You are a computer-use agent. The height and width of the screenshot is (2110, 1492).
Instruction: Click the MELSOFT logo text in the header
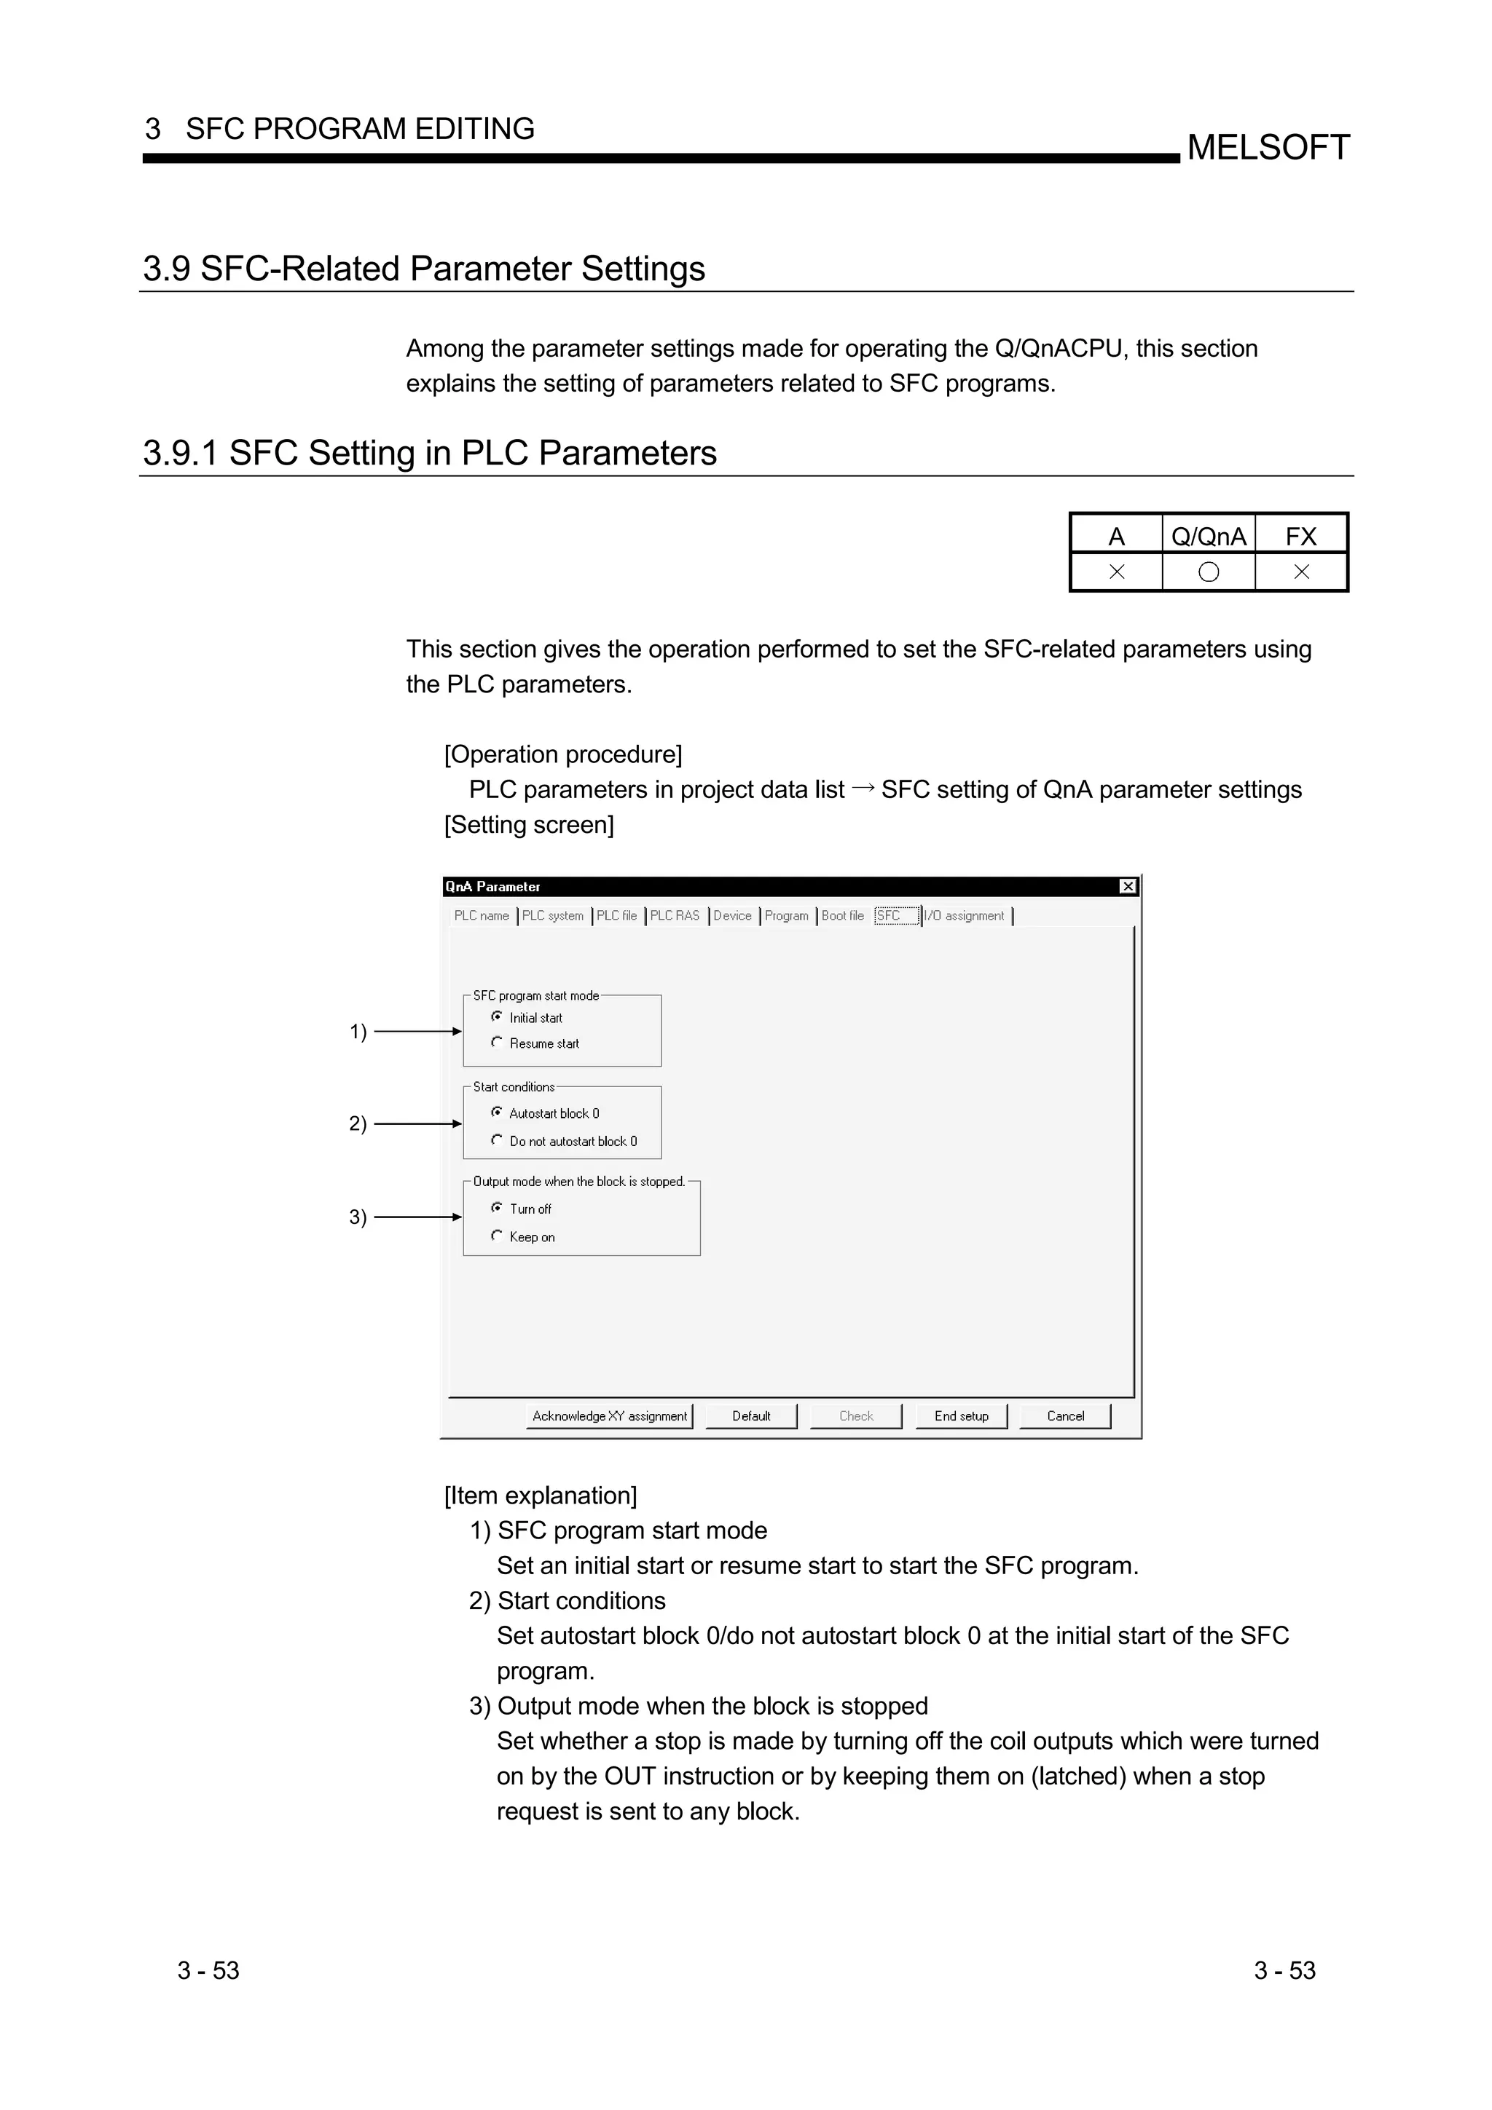click(x=1268, y=148)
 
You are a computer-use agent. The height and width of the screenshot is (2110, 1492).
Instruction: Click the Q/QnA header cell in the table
click(x=1208, y=536)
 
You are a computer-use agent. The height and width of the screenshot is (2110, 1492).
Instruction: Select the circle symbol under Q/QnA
click(x=1209, y=572)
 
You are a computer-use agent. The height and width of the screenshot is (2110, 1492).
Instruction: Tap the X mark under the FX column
click(x=1301, y=572)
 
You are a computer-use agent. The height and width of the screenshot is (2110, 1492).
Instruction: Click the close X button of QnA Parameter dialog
click(x=1128, y=886)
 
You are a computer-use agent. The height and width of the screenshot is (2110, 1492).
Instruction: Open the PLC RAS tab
click(x=675, y=915)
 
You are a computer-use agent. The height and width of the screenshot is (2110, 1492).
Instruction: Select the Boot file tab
click(x=843, y=915)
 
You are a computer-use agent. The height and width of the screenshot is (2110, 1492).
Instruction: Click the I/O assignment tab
click(x=965, y=915)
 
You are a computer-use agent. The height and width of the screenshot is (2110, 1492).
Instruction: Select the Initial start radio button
click(x=498, y=1016)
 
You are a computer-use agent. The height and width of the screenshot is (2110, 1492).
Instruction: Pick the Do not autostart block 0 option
click(x=498, y=1139)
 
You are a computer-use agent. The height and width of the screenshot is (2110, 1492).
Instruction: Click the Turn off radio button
click(x=498, y=1208)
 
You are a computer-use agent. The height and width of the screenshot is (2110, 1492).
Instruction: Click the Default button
click(x=751, y=1416)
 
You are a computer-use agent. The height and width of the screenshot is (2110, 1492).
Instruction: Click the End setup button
click(x=962, y=1416)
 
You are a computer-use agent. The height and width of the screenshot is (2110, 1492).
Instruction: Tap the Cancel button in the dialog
click(x=1065, y=1416)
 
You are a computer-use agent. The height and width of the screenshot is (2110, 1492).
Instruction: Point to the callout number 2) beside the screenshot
click(x=358, y=1123)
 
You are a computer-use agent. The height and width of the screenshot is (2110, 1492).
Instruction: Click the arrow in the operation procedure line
click(x=863, y=789)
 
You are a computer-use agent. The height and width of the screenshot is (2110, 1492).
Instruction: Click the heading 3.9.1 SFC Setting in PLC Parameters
click(x=429, y=453)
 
